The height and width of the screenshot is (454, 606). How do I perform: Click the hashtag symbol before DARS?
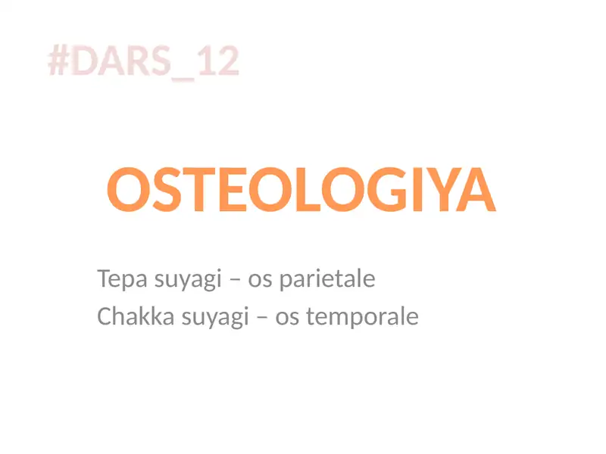click(60, 61)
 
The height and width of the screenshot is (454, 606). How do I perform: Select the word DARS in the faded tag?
click(124, 61)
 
